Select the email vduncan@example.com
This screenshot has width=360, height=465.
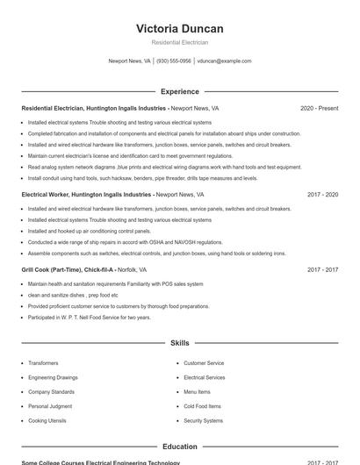[x=224, y=61]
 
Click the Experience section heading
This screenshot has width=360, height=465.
[x=179, y=91]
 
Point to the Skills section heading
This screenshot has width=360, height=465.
[x=179, y=343]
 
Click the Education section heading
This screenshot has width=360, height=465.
[x=179, y=447]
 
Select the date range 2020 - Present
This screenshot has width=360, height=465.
[x=319, y=108]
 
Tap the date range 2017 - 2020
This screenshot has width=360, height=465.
[x=322, y=195]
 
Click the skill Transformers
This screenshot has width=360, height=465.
[x=43, y=363]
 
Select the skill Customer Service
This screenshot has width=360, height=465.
[x=204, y=363]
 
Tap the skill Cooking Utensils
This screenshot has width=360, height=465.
[x=47, y=421]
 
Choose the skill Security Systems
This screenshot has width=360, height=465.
[x=203, y=421]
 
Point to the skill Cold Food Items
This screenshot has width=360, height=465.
[x=202, y=406]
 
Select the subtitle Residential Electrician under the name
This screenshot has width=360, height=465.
[x=179, y=42]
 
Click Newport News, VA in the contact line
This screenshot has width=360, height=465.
[x=129, y=61]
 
